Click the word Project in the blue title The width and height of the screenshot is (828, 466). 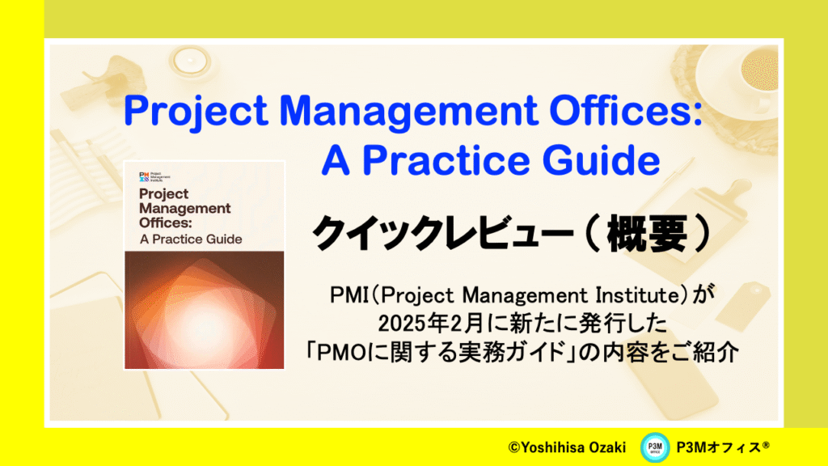(196, 112)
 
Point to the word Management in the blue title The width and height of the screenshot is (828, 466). (408, 112)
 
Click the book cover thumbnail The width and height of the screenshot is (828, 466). (205, 265)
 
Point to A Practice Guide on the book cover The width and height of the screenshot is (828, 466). (191, 239)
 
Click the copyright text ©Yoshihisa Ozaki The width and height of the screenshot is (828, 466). (567, 447)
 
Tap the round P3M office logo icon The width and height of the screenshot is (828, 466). (655, 447)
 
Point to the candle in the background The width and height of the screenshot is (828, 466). (189, 61)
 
